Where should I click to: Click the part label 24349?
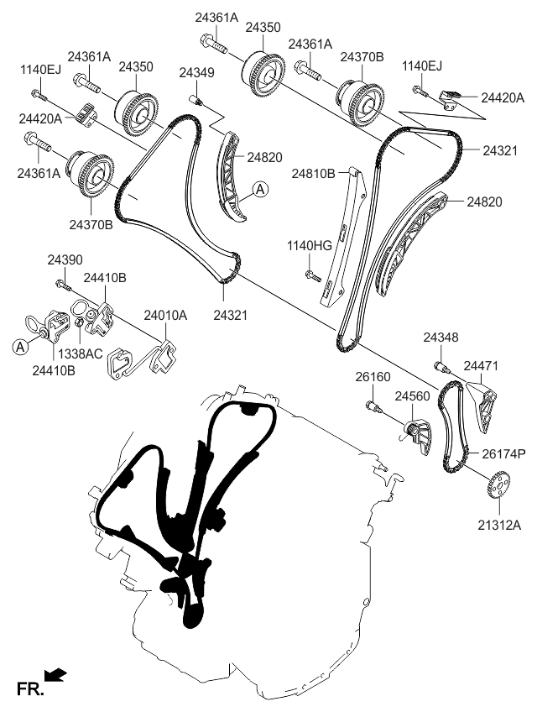196,74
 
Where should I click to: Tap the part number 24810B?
314,173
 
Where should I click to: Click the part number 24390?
65,261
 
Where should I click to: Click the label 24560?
412,395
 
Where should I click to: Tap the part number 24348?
441,337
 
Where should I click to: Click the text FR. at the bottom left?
29,689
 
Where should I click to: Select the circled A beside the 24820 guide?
261,190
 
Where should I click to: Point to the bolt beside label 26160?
374,408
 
